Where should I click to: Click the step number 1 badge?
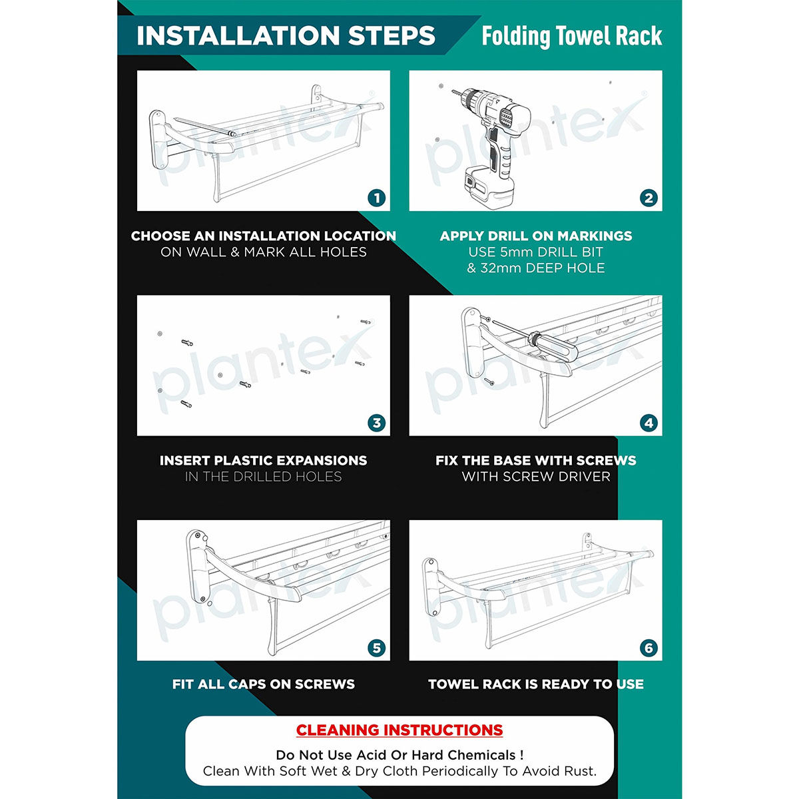(376, 198)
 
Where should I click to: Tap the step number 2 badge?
(649, 198)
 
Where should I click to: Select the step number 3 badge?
(376, 423)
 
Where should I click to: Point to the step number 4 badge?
(649, 423)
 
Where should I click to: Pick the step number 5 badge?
(376, 648)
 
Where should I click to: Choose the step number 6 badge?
(649, 648)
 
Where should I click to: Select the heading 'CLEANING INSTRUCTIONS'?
(400, 730)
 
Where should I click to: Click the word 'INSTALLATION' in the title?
(238, 36)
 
